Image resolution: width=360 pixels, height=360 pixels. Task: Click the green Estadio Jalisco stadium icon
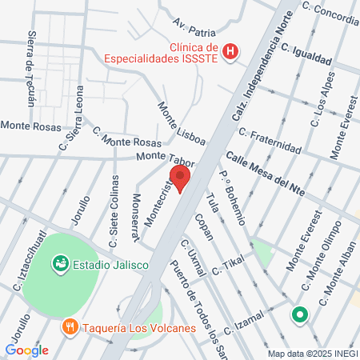pyautogui.click(x=58, y=262)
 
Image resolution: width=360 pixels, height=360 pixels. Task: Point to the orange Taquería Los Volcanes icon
pyautogui.click(x=70, y=326)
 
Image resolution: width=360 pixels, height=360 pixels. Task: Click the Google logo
pyautogui.click(x=26, y=350)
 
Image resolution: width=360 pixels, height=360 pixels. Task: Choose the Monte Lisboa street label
pyautogui.click(x=181, y=123)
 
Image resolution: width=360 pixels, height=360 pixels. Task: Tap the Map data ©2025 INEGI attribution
pyautogui.click(x=312, y=353)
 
